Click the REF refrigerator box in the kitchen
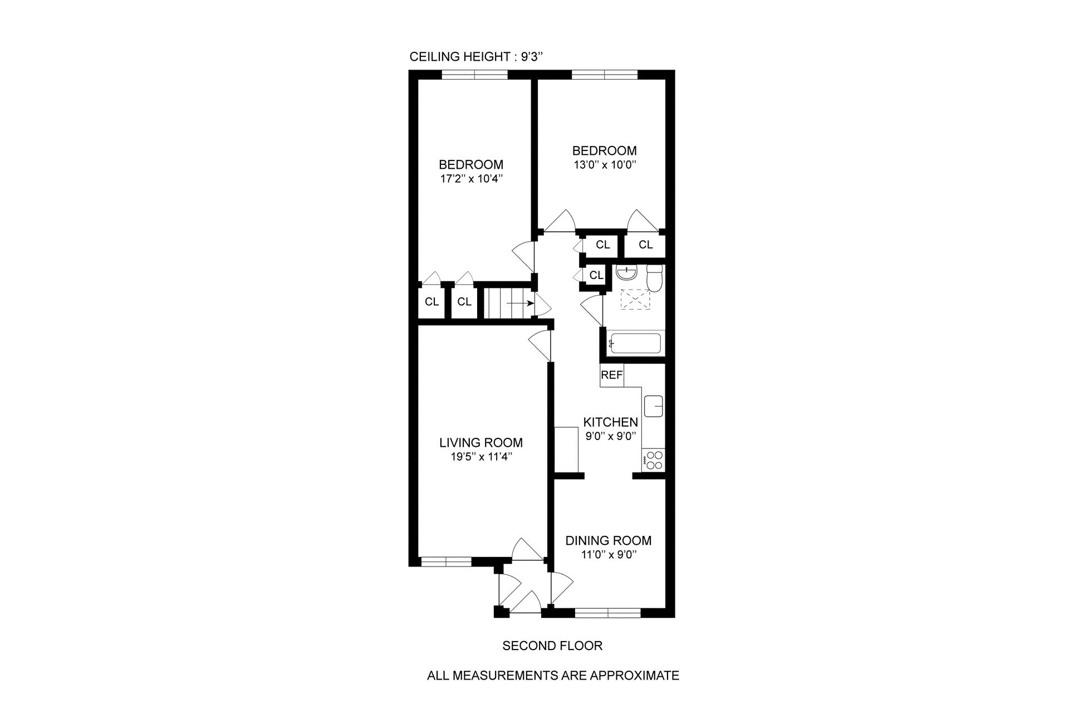(611, 375)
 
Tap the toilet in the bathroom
(654, 278)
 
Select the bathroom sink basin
(627, 274)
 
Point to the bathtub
(635, 343)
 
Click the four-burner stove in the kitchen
(654, 461)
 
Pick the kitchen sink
(654, 406)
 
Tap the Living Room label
(481, 443)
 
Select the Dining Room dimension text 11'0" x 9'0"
(609, 555)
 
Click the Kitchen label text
(610, 422)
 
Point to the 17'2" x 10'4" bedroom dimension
(471, 179)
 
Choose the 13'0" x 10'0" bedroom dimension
(605, 165)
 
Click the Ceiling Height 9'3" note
(476, 57)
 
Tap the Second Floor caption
(552, 646)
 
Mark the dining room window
(608, 613)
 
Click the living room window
(446, 561)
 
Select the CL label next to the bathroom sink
(596, 275)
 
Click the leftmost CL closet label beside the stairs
(432, 302)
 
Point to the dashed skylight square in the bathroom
(635, 300)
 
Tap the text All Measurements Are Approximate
(553, 676)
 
